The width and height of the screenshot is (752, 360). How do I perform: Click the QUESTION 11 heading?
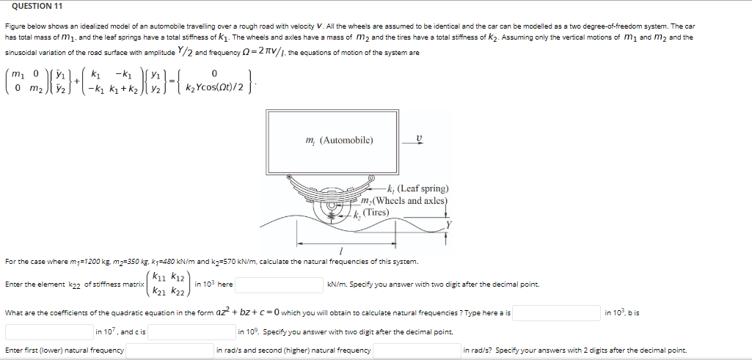pyautogui.click(x=32, y=6)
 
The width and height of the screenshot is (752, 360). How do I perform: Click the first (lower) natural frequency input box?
pyautogui.click(x=168, y=350)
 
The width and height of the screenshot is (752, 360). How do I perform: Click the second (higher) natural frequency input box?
pyautogui.click(x=416, y=350)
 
